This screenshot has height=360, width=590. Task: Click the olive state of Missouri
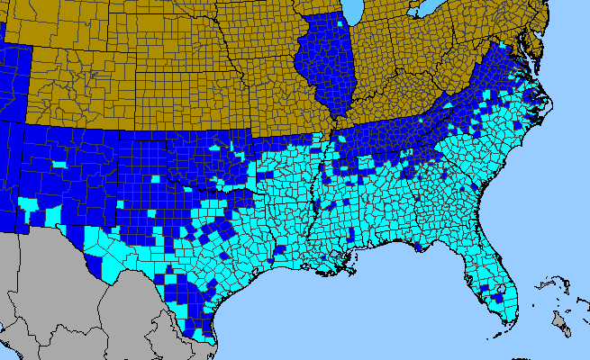point(279,99)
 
